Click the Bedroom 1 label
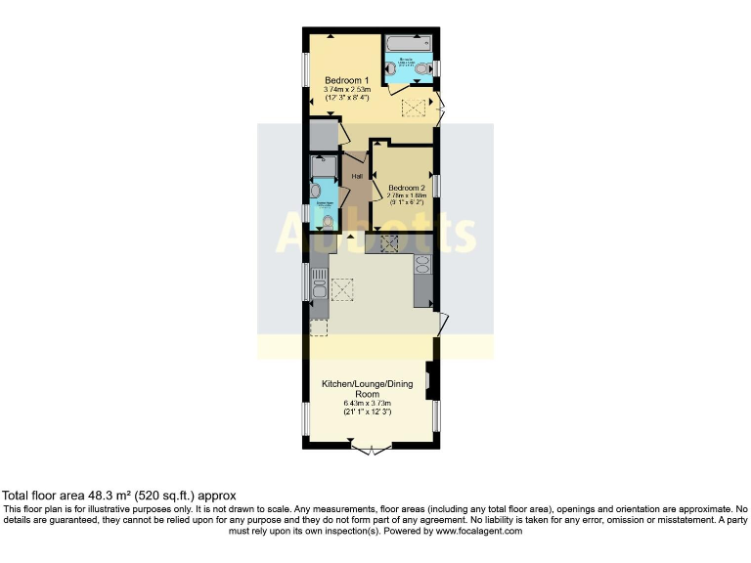point(346,80)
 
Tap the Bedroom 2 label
point(406,188)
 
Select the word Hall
point(357,176)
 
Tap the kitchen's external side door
point(443,324)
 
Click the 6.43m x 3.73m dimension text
point(368,404)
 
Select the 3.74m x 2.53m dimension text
point(346,90)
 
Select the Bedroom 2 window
point(437,186)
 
